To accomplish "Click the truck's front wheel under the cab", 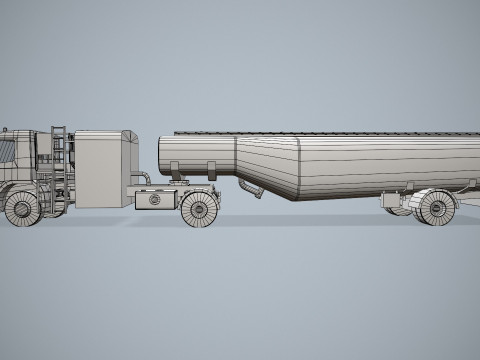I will click(21, 207).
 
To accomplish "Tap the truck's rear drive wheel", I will click(199, 208).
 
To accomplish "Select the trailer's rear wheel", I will click(435, 207).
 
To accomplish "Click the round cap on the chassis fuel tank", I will click(154, 200).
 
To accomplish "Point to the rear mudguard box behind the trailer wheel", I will click(463, 199).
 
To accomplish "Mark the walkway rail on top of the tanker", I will click(320, 132).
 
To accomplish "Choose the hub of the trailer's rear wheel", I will click(436, 208).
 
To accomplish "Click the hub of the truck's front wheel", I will click(21, 208).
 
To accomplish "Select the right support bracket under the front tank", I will click(212, 171).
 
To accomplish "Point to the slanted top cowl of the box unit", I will click(128, 137).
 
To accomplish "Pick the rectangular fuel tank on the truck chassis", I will click(156, 199).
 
